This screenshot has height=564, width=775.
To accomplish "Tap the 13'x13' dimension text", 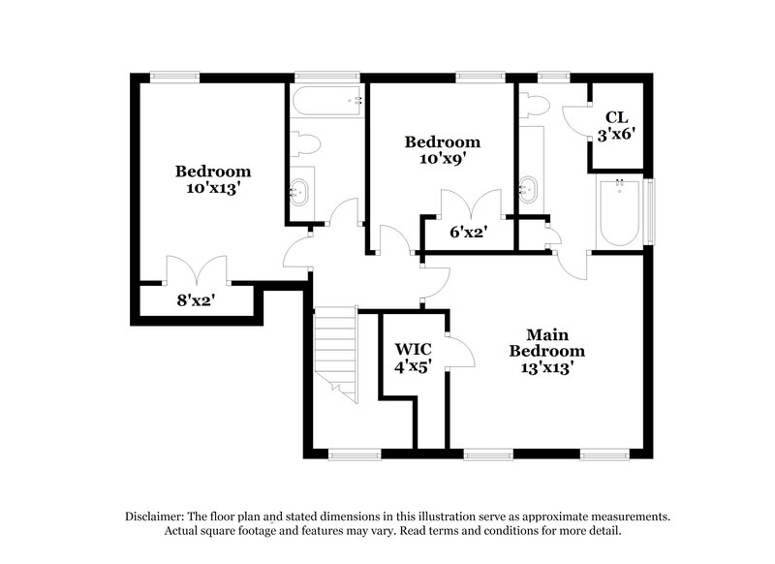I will (547, 367).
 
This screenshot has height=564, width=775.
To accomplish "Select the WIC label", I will (414, 349).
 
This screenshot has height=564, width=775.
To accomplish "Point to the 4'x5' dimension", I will (414, 366).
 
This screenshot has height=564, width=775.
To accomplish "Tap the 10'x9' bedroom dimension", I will (442, 160).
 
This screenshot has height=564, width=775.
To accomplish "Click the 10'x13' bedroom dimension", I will (213, 189).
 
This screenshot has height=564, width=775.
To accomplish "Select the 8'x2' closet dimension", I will (195, 300).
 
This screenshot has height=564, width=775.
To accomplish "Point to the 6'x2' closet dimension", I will (466, 233).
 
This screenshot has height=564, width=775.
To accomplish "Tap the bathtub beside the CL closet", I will (618, 213).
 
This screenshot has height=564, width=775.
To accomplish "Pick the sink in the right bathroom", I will (529, 188).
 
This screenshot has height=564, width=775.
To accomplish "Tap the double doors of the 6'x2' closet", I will (471, 204).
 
